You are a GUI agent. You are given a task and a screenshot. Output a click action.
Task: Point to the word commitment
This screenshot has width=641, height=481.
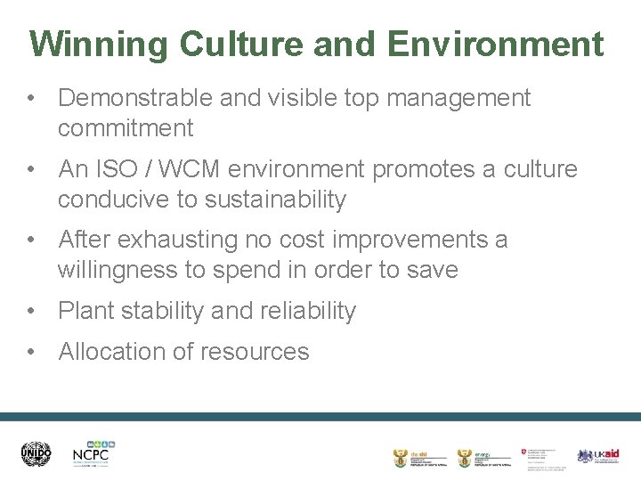[126, 129]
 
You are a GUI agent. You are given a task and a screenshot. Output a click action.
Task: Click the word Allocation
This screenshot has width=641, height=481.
[112, 352]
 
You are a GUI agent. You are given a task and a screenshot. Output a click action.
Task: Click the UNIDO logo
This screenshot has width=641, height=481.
[37, 454]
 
